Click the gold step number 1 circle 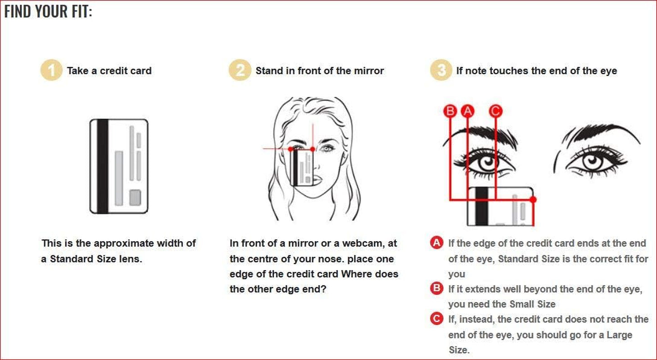click(x=51, y=70)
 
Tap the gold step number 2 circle click(x=240, y=70)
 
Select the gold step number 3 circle click(x=441, y=70)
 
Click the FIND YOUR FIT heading click(x=48, y=12)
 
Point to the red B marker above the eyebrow click(x=450, y=111)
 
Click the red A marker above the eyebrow click(x=467, y=111)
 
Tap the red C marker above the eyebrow click(x=496, y=111)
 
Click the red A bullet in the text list click(x=437, y=243)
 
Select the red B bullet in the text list click(x=437, y=288)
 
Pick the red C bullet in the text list click(x=437, y=319)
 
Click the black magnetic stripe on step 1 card click(x=103, y=166)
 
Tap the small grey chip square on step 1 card click(x=135, y=198)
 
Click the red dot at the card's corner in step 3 click(x=533, y=200)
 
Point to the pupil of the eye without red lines click(x=592, y=160)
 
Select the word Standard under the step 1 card click(x=71, y=259)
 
